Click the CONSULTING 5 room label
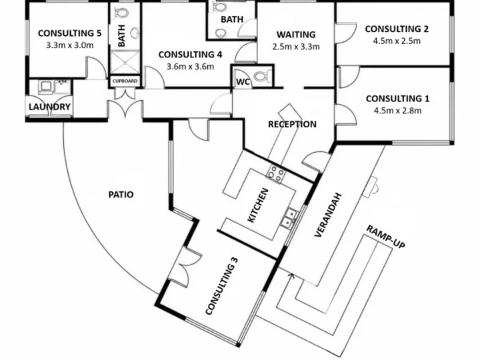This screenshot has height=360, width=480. coord(69,33)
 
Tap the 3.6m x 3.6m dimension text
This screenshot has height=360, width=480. coord(190,67)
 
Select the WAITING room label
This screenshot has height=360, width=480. coord(296,35)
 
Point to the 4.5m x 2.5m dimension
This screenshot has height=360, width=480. coord(397,41)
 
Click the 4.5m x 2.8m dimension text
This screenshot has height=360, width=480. coord(397,111)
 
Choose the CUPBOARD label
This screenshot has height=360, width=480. coord(125,81)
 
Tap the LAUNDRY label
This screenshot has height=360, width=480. coord(49,107)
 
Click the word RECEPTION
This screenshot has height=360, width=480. coord(293,124)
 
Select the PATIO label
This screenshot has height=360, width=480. coord(121,195)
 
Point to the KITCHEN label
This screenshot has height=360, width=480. coord(258,205)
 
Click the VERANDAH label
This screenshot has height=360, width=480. coord(327,215)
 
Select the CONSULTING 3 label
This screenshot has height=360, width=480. coord(221,286)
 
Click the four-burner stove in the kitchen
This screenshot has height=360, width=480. coord(276,173)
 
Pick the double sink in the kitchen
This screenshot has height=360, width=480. coord(289,217)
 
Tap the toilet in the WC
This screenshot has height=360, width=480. coord(263,76)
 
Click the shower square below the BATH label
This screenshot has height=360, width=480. coord(125,62)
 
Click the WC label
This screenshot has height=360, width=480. coord(243,82)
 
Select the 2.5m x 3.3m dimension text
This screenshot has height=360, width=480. coord(296,47)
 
